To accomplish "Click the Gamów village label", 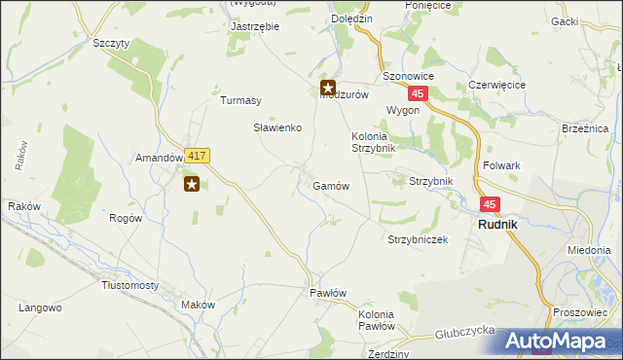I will pyautogui.click(x=331, y=185).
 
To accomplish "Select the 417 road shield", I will pyautogui.click(x=198, y=156).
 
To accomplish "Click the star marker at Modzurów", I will pyautogui.click(x=328, y=89).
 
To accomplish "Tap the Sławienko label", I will pyautogui.click(x=277, y=127).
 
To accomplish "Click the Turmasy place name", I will pyautogui.click(x=241, y=100).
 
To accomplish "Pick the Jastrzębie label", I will pyautogui.click(x=254, y=26).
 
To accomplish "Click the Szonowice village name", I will pyautogui.click(x=408, y=76).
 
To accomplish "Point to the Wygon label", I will pyautogui.click(x=402, y=110).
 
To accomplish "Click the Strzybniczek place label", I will pyautogui.click(x=418, y=239).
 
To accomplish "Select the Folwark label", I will pyautogui.click(x=500, y=165).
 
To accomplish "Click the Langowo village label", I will pyautogui.click(x=40, y=307).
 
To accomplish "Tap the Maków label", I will pyautogui.click(x=198, y=305).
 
